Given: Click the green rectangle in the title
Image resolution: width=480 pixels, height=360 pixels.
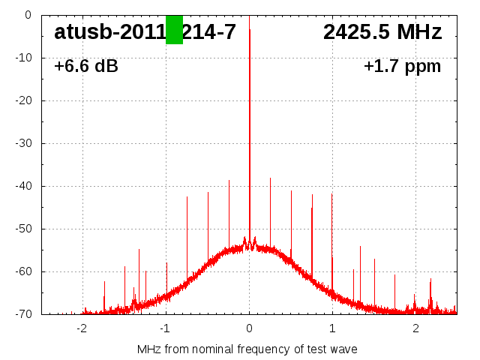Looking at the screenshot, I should [174, 29].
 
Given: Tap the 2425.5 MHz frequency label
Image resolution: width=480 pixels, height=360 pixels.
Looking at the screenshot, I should [382, 32].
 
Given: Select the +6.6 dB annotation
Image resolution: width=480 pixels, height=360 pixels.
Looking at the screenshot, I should [86, 66].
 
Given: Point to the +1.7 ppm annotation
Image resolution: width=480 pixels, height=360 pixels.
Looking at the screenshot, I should [402, 66].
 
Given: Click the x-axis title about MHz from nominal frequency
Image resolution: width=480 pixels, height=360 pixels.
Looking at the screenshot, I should [247, 349].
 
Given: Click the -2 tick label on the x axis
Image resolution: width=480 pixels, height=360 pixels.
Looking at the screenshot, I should [81, 328].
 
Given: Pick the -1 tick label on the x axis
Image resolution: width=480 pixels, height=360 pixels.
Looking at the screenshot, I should [164, 328].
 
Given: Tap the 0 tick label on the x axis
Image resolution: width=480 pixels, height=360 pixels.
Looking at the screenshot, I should [249, 328].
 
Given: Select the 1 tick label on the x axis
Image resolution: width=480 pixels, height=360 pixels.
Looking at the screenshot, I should [332, 328].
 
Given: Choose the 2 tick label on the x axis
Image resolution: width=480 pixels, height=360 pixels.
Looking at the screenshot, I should [415, 328].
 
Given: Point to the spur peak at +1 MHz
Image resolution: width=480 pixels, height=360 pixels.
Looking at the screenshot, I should [332, 195].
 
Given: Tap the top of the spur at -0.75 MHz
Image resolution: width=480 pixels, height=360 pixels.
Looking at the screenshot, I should [187, 198].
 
